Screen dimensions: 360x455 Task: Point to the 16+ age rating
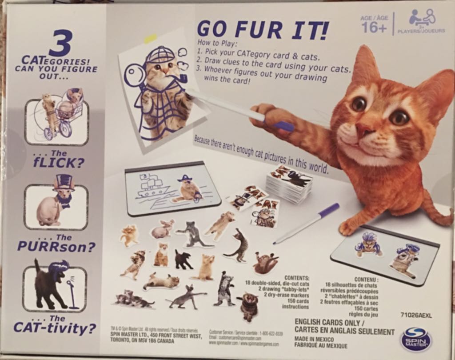375,28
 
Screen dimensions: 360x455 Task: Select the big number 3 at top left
63,44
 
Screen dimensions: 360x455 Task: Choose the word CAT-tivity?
55,329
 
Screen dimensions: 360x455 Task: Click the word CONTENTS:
296,278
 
